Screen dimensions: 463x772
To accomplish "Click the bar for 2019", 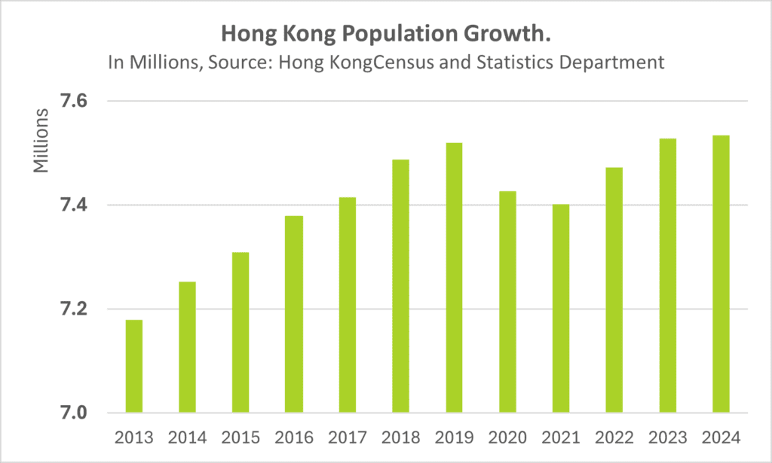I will pos(454,278).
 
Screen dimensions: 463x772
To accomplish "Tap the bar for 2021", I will pos(561,309).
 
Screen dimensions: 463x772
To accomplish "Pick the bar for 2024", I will pos(721,274).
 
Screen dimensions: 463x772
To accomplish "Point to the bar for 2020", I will pos(507,302).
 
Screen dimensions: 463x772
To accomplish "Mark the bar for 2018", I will pos(400,286).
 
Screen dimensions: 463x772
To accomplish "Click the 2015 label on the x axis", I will pos(240,437).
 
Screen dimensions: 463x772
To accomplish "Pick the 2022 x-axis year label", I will pos(614,437).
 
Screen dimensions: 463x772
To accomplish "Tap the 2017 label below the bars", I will pos(347,437).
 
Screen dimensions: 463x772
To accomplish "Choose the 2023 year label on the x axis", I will pos(667,437).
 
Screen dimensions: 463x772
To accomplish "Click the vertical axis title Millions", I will pos(41,141).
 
